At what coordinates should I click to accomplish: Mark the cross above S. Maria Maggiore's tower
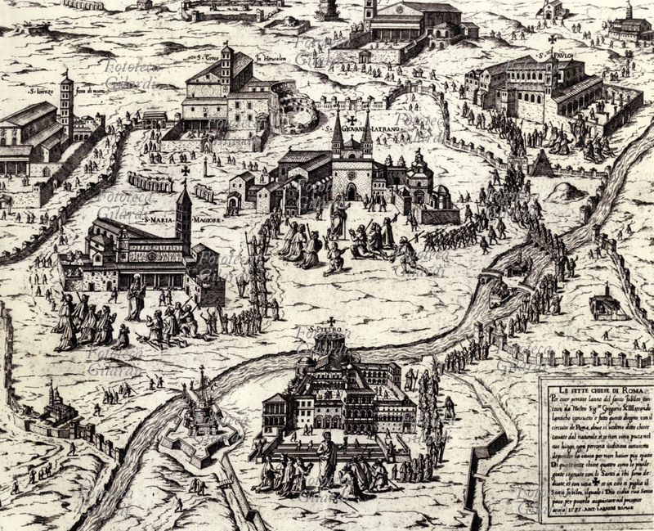(186, 171)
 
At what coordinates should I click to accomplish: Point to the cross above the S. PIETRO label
(332, 322)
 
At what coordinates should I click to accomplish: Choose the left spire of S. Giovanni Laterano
(337, 135)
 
